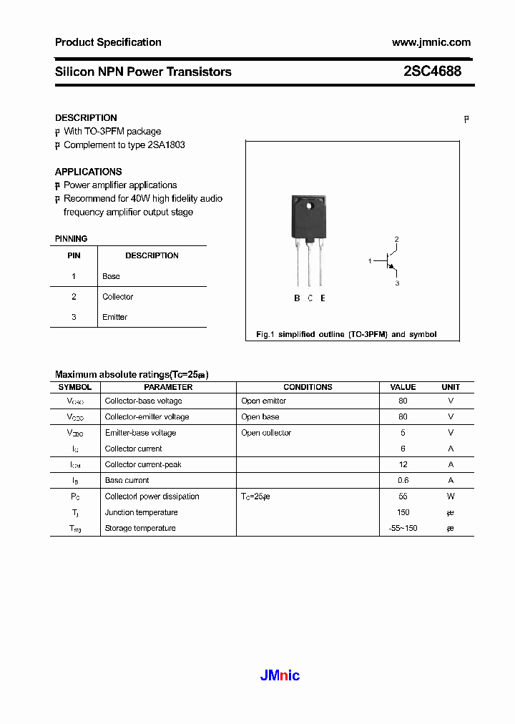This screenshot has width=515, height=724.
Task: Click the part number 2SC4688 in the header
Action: (432, 72)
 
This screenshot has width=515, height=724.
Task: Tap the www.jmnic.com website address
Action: (431, 42)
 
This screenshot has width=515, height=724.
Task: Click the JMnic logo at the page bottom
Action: (278, 675)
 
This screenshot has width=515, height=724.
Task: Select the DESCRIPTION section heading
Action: (86, 118)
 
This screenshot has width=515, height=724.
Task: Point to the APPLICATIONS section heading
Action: (88, 172)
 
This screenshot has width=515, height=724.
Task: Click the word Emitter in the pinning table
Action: (114, 317)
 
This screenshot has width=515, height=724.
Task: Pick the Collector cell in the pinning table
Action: (117, 297)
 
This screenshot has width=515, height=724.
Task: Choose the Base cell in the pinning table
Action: (111, 276)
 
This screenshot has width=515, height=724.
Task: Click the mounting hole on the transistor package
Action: (310, 207)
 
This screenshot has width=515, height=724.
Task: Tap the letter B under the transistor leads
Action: (297, 298)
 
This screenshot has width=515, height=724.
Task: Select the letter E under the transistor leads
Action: (323, 298)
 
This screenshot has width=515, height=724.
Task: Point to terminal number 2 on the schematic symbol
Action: (396, 239)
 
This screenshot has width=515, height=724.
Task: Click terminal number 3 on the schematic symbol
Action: (397, 284)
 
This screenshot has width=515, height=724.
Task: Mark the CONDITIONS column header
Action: (308, 387)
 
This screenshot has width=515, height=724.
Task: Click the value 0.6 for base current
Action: (403, 481)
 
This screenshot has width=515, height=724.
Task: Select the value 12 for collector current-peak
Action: (403, 465)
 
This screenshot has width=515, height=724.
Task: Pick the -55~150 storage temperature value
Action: (403, 529)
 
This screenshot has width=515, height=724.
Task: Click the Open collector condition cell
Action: (266, 433)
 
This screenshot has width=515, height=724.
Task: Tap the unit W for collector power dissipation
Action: (451, 496)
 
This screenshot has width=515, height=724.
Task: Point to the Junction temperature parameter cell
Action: (141, 512)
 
